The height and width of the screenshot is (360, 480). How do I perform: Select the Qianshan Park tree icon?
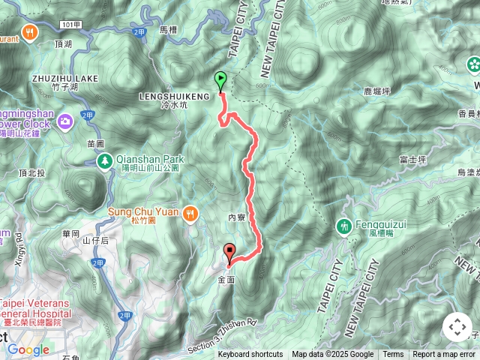[106, 160]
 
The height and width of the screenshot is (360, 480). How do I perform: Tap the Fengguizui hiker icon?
[345, 225]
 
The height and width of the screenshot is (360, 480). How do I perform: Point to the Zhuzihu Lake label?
[61, 78]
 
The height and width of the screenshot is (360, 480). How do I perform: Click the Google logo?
[28, 349]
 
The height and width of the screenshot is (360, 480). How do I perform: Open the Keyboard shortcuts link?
[250, 355]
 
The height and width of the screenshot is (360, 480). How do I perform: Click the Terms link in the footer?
[393, 355]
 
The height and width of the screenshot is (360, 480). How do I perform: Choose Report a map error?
[444, 355]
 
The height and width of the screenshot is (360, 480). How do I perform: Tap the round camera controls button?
[457, 327]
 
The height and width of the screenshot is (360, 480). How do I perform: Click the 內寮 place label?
[237, 217]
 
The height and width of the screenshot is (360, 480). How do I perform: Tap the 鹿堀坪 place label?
[376, 91]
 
